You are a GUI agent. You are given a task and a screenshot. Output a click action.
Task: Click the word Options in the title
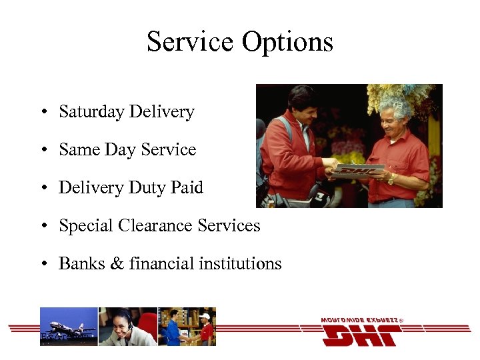click(287, 42)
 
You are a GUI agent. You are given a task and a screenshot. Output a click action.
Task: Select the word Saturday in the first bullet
click(91, 112)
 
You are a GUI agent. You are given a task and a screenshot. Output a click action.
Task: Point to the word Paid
click(187, 188)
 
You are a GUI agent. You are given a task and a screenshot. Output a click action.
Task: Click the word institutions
click(241, 264)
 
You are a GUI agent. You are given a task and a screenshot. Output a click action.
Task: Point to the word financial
click(161, 264)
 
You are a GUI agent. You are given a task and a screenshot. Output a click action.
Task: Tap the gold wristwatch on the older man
click(391, 179)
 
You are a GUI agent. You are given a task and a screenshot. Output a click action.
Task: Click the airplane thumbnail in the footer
click(69, 327)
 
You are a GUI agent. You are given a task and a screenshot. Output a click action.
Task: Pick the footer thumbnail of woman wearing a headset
click(128, 327)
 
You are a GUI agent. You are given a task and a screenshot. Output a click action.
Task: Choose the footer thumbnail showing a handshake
click(187, 327)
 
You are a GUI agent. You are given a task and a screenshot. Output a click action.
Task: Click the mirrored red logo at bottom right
click(361, 332)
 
